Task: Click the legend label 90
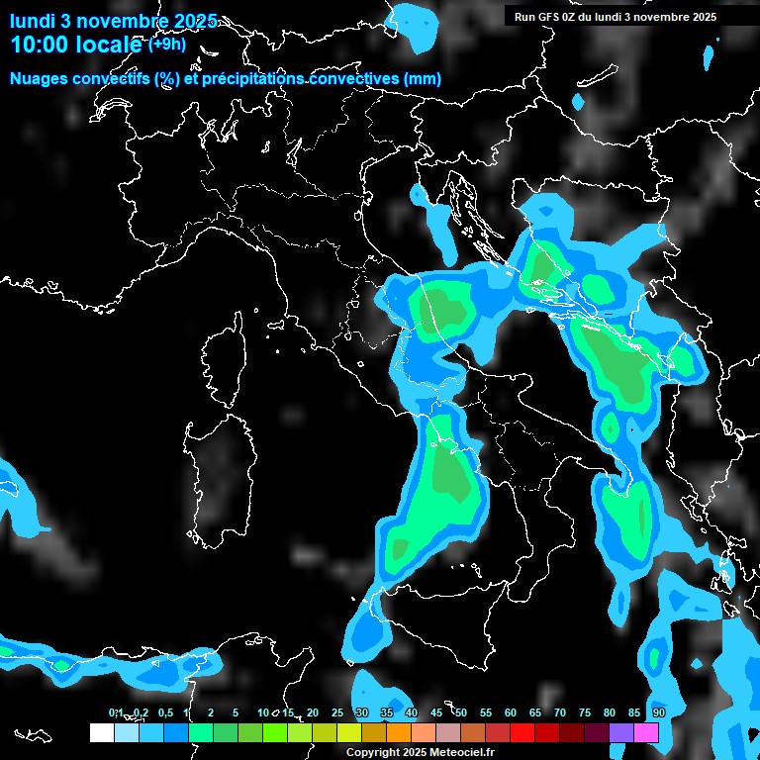tap(658, 712)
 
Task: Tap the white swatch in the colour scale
tap(101, 732)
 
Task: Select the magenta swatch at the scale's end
tap(646, 732)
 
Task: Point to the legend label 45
tap(436, 712)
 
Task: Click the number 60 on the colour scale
tap(511, 712)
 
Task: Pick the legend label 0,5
tap(165, 712)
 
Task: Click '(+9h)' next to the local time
tap(167, 44)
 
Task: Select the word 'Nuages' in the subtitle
tap(39, 79)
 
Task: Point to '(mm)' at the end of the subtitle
tap(423, 79)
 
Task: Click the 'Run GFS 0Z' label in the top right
tap(548, 17)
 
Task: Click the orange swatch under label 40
tap(399, 732)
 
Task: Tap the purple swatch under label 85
tap(621, 732)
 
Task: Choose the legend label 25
tap(337, 712)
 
